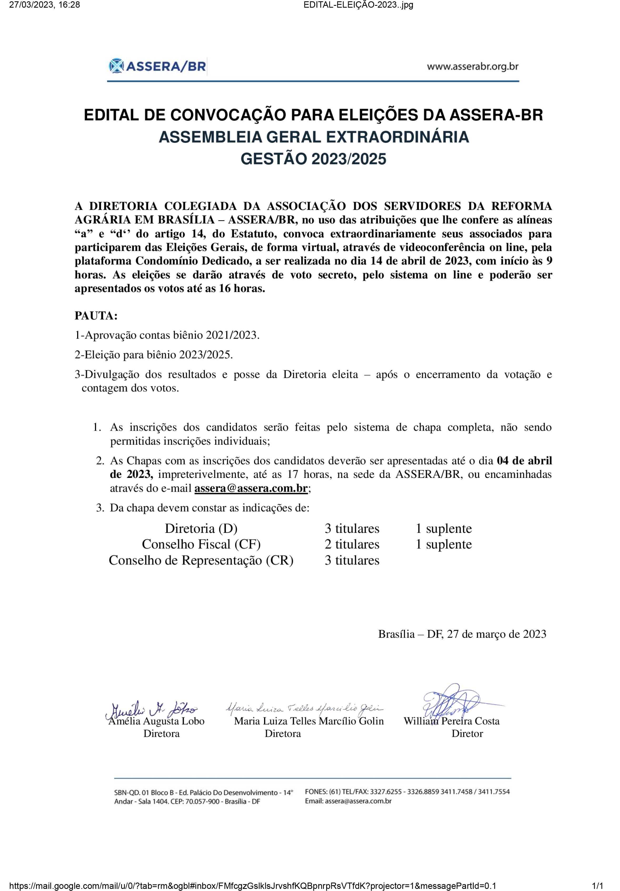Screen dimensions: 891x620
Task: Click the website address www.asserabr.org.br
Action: (x=472, y=67)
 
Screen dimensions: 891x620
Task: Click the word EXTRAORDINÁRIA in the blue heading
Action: (x=398, y=137)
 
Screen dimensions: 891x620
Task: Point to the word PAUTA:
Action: (x=96, y=316)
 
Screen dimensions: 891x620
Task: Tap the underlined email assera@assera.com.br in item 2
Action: (x=251, y=488)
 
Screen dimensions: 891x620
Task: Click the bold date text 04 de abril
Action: (x=524, y=460)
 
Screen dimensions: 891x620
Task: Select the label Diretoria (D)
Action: (x=201, y=528)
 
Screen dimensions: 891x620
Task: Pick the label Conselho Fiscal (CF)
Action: (x=201, y=544)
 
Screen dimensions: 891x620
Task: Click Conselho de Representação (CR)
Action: (x=201, y=560)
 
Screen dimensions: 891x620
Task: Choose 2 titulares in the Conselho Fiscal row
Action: (x=352, y=544)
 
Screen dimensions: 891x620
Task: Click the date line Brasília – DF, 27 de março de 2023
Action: (x=462, y=634)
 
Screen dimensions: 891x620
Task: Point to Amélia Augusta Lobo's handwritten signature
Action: (x=151, y=709)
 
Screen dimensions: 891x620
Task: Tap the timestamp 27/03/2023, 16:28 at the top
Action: (x=44, y=5)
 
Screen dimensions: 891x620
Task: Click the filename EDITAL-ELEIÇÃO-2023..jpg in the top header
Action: (x=358, y=5)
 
